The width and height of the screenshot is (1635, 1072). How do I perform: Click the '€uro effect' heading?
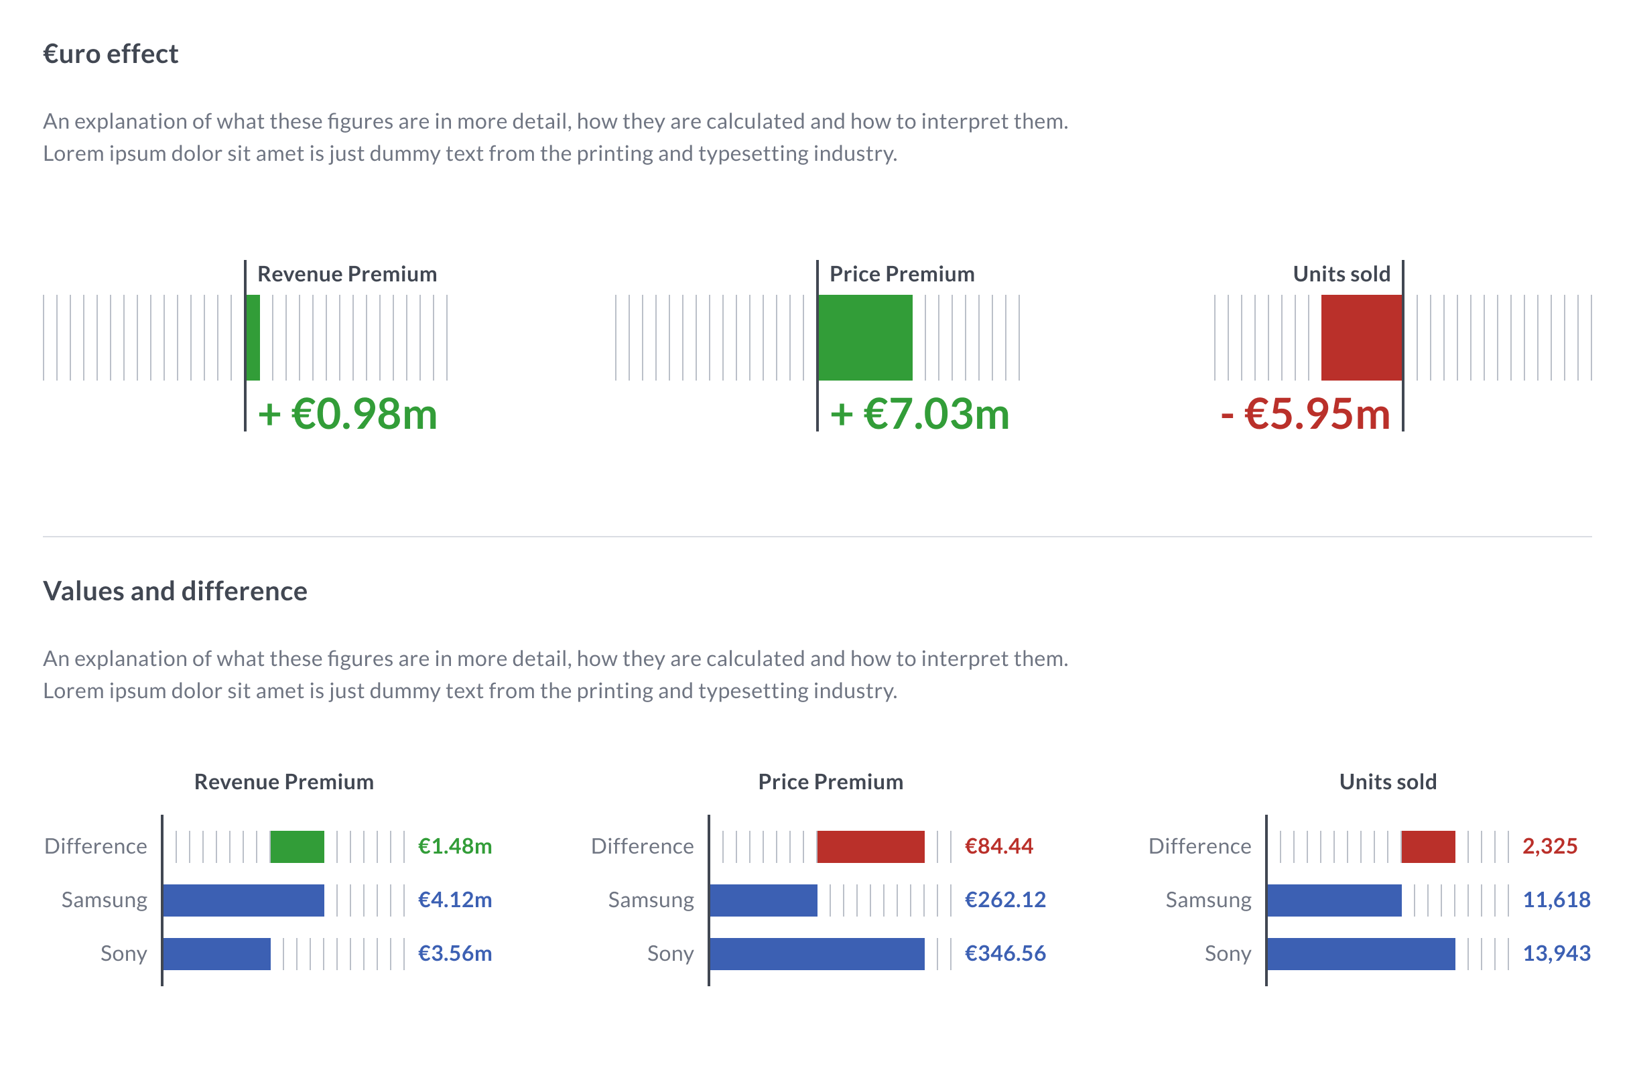click(x=111, y=54)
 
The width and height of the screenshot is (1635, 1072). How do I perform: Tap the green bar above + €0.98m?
click(x=253, y=337)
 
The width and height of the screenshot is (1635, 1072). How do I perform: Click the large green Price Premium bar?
click(x=865, y=337)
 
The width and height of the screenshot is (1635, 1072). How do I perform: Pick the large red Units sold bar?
click(x=1361, y=337)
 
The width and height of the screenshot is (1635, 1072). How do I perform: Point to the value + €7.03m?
click(x=919, y=414)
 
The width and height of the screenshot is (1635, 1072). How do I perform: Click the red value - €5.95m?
click(x=1305, y=414)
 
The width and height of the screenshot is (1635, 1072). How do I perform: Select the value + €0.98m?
click(x=347, y=414)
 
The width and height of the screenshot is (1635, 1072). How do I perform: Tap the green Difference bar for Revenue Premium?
click(x=297, y=846)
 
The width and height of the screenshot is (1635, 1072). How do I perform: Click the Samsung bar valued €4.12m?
click(x=243, y=900)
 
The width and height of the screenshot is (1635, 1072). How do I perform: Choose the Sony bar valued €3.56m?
click(x=216, y=953)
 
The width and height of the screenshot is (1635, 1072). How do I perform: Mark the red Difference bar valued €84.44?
click(x=870, y=846)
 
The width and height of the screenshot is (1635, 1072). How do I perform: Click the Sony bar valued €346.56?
click(x=817, y=953)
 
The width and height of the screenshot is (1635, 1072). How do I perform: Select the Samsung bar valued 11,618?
click(x=1334, y=900)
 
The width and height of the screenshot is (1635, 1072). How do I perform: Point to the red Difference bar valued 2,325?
click(x=1428, y=846)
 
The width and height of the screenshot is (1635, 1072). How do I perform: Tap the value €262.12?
click(x=1005, y=900)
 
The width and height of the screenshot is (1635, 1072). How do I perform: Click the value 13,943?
click(x=1557, y=953)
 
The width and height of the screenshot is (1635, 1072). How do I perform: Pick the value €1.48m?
click(x=455, y=846)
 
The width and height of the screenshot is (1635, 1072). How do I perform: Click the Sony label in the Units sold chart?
click(x=1228, y=953)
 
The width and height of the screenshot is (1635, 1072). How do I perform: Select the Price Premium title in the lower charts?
click(x=830, y=781)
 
